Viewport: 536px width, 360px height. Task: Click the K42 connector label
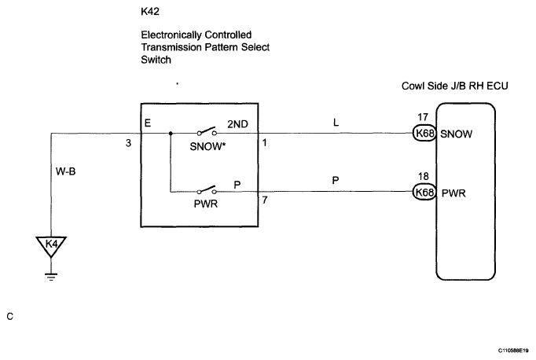(150, 12)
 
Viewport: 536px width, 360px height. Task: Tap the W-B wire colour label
(66, 171)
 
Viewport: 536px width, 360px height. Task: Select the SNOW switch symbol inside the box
(207, 132)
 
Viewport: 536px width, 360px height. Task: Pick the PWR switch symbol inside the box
(207, 190)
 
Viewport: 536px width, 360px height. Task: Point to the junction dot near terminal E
(171, 134)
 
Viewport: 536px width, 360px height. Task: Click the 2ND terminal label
(237, 124)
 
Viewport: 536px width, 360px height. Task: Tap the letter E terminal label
(148, 123)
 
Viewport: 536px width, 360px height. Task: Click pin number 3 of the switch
(128, 143)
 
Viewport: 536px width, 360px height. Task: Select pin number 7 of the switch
(265, 200)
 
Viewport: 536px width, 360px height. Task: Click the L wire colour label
(336, 123)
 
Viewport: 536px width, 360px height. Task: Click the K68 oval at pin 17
(424, 133)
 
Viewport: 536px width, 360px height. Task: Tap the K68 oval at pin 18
(424, 192)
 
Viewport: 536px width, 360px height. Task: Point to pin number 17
(423, 117)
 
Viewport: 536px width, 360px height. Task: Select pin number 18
(423, 176)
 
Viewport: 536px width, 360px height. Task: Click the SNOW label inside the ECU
(456, 134)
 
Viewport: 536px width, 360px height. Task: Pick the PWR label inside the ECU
(453, 193)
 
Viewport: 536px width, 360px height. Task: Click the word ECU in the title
(497, 86)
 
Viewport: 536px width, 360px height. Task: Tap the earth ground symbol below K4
(51, 277)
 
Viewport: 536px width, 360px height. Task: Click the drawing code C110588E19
(513, 351)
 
